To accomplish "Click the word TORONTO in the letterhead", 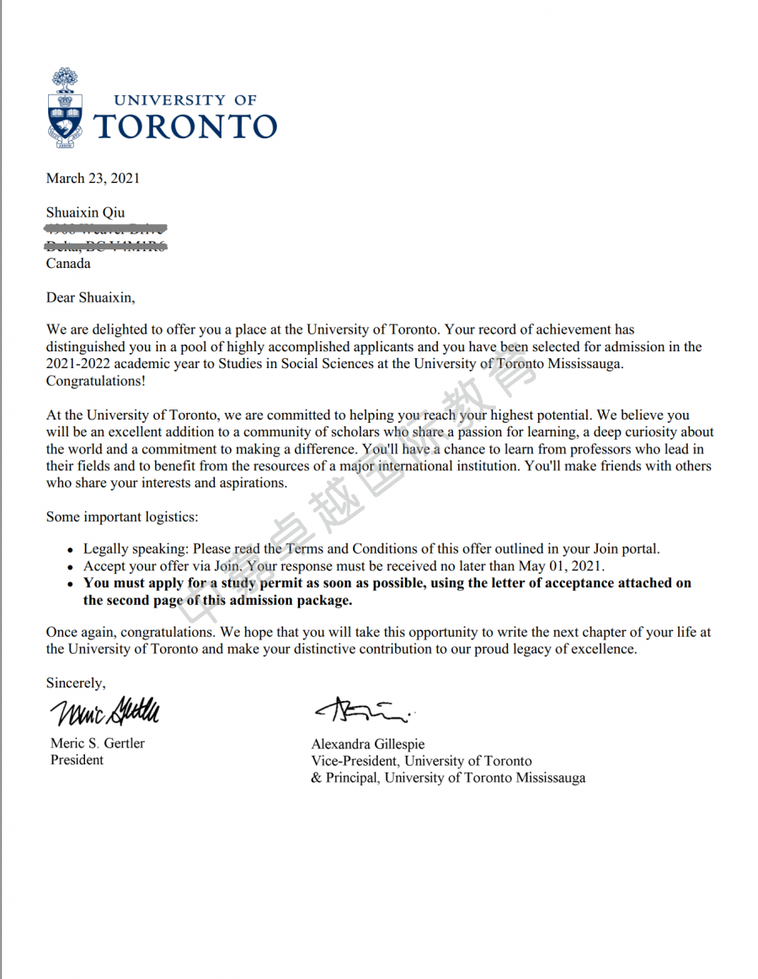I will tap(185, 126).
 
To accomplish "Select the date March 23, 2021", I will tap(93, 178).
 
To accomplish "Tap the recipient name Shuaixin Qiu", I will tap(85, 212).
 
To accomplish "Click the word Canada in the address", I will tap(68, 263).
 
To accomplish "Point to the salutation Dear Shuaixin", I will tap(90, 297).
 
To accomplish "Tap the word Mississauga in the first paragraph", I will tap(585, 363).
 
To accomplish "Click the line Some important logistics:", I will tap(122, 516).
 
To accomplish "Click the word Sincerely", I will tap(76, 682).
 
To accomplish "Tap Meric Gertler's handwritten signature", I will tap(104, 711).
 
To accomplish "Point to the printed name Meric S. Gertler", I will tap(98, 743).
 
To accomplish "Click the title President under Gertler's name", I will tap(77, 760).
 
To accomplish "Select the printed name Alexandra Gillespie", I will tap(368, 744).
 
